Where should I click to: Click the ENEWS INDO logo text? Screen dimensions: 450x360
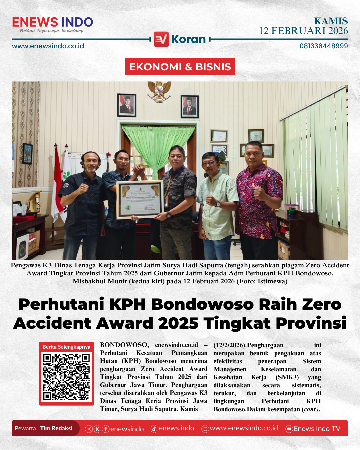pyautogui.click(x=52, y=22)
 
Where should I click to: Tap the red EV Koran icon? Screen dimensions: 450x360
pyautogui.click(x=161, y=39)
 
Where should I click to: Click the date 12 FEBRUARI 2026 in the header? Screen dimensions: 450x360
pyautogui.click(x=303, y=31)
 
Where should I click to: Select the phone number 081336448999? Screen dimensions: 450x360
pyautogui.click(x=323, y=46)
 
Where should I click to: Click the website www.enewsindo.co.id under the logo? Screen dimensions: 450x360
pyautogui.click(x=48, y=46)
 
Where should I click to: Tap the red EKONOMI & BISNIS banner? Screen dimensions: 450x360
pyautogui.click(x=180, y=67)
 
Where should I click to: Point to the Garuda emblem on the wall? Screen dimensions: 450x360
pyautogui.click(x=159, y=91)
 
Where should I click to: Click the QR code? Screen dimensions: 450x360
pyautogui.click(x=66, y=377)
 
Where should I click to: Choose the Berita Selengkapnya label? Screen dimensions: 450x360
pyautogui.click(x=66, y=347)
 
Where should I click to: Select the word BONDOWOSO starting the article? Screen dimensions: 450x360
pyautogui.click(x=124, y=345)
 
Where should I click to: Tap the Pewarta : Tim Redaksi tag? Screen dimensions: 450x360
pyautogui.click(x=44, y=428)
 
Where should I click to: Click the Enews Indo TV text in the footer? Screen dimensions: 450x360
pyautogui.click(x=317, y=429)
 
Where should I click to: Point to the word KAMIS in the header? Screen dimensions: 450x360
pyautogui.click(x=331, y=21)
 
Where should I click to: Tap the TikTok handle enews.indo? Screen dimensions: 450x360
pyautogui.click(x=176, y=428)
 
